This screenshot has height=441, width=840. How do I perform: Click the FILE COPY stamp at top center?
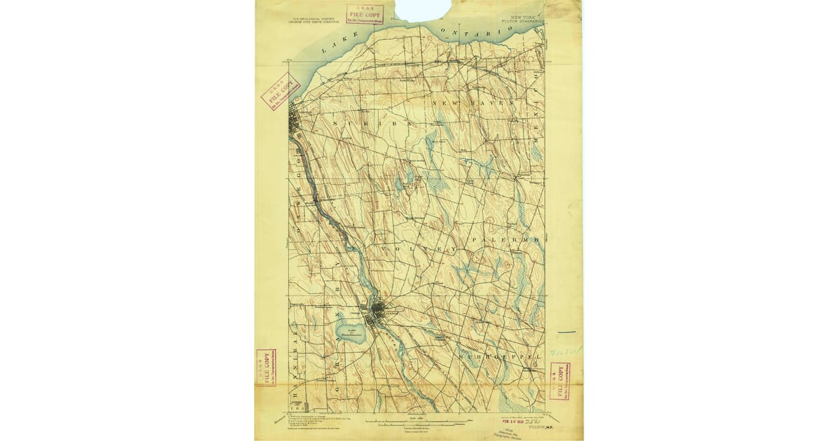click(x=363, y=14)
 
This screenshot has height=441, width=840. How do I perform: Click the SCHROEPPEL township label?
click(x=500, y=357)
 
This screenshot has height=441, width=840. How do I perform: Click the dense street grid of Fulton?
click(x=380, y=309)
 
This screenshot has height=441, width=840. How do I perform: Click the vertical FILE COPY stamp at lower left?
click(x=265, y=367)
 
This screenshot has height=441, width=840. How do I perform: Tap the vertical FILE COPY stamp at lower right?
click(x=559, y=380)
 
